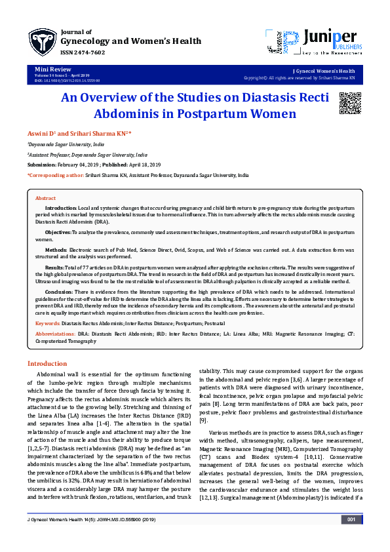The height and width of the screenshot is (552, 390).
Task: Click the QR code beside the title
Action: tap(349, 104)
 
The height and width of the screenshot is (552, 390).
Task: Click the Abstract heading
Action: tap(45, 198)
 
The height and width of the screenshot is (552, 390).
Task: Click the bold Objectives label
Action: tap(58, 233)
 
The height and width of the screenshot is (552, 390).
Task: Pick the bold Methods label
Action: tap(56, 250)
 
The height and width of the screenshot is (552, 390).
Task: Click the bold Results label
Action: tap(55, 267)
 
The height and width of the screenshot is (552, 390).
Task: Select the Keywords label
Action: tap(47, 324)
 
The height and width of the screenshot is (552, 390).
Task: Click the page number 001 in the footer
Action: tap(351, 538)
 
